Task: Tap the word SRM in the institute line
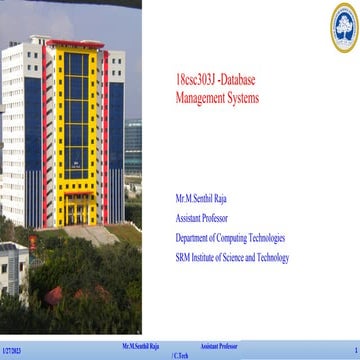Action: (182, 257)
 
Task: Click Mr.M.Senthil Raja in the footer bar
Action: (141, 345)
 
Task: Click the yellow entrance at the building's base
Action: (76, 211)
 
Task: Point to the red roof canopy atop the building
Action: (75, 45)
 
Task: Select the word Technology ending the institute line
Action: (271, 257)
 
